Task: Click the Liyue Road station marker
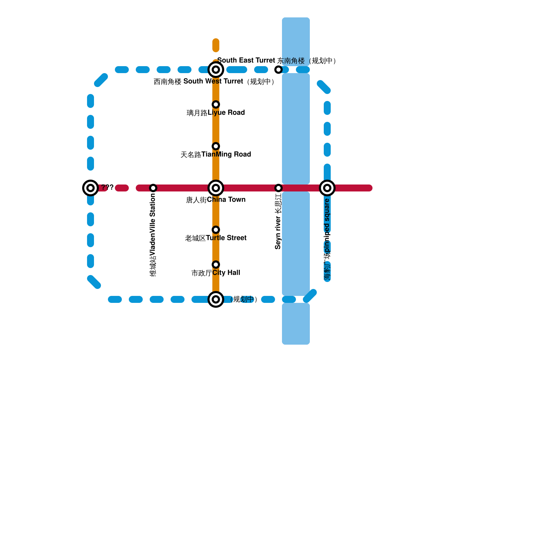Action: (216, 104)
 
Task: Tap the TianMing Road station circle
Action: (216, 146)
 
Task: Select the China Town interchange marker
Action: (216, 188)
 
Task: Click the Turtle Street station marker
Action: (216, 230)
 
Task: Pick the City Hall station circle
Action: (216, 265)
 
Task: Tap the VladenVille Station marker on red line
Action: (153, 188)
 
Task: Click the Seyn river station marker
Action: (278, 188)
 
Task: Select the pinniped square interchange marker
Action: (327, 188)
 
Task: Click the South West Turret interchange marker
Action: (216, 70)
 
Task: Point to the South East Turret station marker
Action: (278, 70)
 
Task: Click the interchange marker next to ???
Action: (91, 188)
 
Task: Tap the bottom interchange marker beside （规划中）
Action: (216, 299)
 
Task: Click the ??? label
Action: (107, 187)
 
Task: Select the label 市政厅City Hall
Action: (216, 273)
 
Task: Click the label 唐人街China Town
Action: (216, 200)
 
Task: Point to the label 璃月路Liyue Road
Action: (216, 113)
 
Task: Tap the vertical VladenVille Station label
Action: (153, 235)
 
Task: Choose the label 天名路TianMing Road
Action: (216, 155)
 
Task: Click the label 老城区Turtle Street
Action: (216, 238)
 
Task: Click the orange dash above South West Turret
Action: (216, 45)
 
